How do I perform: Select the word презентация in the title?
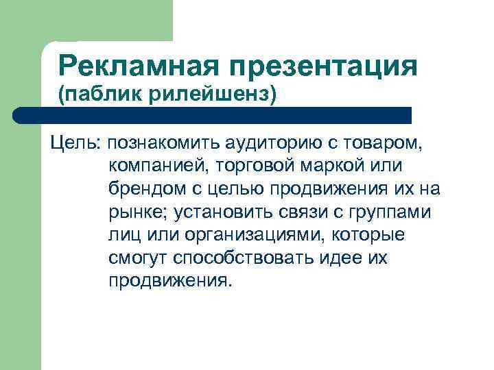tap(325, 67)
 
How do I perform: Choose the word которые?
tap(370, 236)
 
